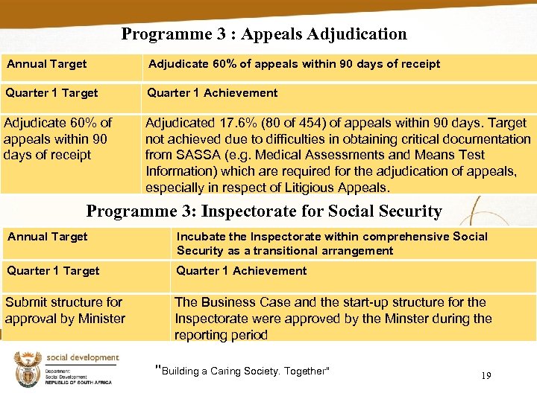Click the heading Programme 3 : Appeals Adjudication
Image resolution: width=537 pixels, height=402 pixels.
(x=264, y=34)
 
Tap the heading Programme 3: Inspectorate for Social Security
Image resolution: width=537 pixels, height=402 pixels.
(x=264, y=211)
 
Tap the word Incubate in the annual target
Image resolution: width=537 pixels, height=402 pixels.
(x=201, y=237)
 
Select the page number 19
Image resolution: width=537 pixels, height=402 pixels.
(x=486, y=376)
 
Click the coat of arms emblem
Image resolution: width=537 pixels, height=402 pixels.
(x=27, y=370)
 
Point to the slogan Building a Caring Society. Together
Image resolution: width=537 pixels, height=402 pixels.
(x=242, y=371)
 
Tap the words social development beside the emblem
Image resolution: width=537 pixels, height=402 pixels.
(x=82, y=357)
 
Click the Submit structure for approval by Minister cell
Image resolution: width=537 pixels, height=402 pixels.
(x=65, y=310)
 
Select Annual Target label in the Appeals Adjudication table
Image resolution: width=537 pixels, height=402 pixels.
(x=47, y=64)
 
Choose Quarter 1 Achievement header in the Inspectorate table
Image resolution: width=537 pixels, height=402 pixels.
(x=241, y=271)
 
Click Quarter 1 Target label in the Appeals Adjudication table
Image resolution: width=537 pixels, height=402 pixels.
(x=52, y=93)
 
